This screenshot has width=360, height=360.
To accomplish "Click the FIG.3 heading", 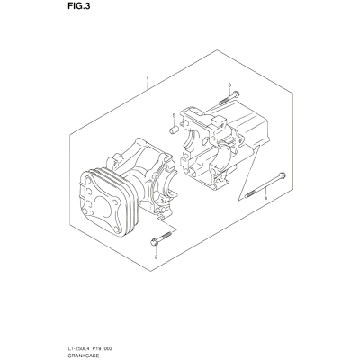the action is click(77, 6).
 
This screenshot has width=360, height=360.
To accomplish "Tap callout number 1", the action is click(148, 78).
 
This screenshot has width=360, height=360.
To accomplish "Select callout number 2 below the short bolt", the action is click(156, 256).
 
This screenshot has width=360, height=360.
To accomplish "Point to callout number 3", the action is click(229, 85).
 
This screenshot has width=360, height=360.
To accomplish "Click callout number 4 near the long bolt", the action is click(265, 198).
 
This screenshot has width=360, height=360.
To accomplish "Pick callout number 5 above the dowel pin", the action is click(174, 116).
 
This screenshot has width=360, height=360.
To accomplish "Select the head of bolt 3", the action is click(236, 94).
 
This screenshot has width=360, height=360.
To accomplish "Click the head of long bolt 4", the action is click(282, 175).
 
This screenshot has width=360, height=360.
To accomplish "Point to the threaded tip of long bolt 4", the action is click(247, 195).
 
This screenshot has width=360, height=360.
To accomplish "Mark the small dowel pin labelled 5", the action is click(174, 130).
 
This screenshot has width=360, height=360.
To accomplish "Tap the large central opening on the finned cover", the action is click(103, 204).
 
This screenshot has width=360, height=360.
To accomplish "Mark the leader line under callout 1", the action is click(148, 85).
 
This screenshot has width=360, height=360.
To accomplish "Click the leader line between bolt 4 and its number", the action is click(266, 191).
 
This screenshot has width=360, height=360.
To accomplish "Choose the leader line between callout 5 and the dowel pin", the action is click(174, 122).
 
